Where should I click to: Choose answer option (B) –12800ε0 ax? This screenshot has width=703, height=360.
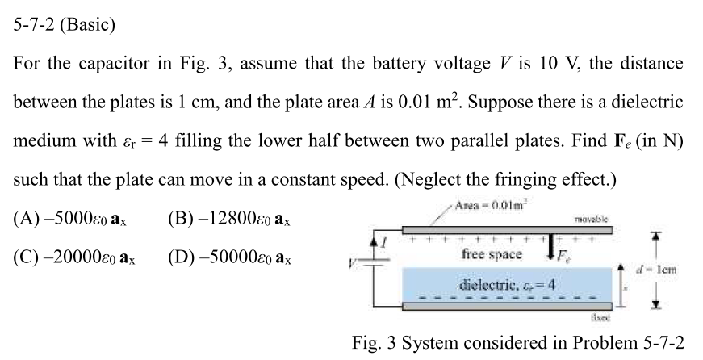[229, 220]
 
